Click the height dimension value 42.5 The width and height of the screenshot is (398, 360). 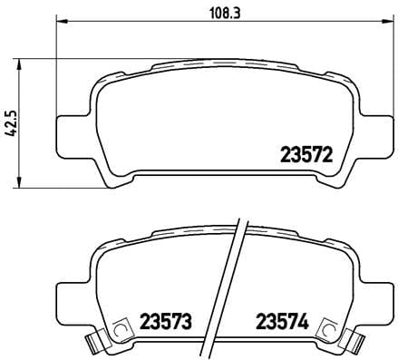(x=11, y=122)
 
